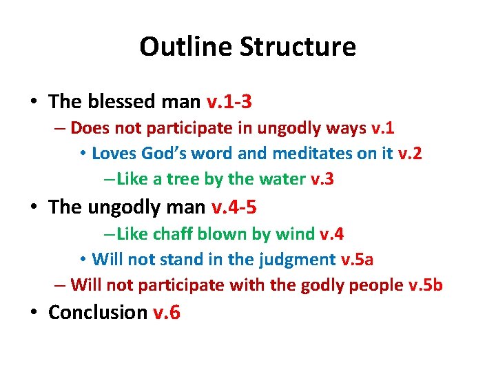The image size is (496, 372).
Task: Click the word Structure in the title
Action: tap(298, 47)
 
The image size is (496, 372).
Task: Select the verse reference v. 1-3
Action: tap(229, 102)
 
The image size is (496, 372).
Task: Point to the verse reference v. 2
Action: tap(410, 153)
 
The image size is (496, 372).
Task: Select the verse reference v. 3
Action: tap(322, 179)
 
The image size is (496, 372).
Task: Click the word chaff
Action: tap(173, 234)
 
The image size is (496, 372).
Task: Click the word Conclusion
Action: tap(98, 312)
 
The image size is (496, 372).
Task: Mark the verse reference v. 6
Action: tap(166, 312)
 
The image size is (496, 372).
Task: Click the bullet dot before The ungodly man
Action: tap(34, 207)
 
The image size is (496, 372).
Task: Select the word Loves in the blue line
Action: tap(112, 153)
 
